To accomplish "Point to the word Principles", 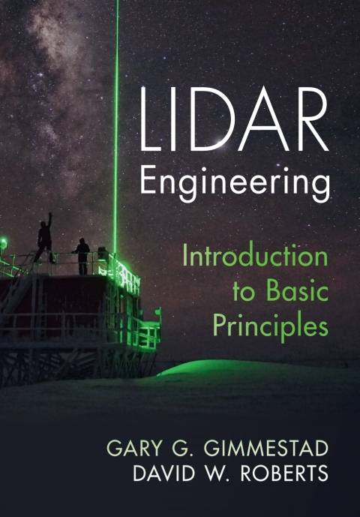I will (270, 328).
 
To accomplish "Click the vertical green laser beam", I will (116, 113).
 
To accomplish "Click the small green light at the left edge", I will (4, 243).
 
